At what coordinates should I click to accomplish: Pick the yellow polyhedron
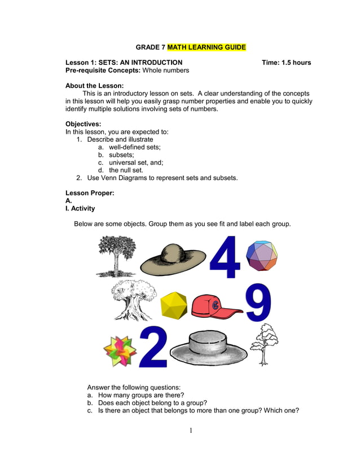point(173,305)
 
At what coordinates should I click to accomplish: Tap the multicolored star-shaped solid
point(120,350)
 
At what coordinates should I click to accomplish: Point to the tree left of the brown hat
point(116,256)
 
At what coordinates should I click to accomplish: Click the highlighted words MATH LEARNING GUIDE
point(207,47)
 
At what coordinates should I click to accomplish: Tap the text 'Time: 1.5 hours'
point(286,63)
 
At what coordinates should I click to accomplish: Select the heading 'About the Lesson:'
point(94,86)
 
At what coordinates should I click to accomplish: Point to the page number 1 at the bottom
point(191,431)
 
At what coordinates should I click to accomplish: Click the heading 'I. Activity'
point(80,208)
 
